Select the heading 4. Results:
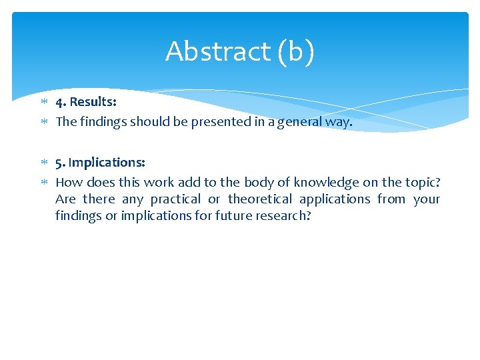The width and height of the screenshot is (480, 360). (x=86, y=102)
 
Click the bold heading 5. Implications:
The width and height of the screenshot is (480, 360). (x=100, y=163)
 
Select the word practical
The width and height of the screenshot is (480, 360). (x=175, y=199)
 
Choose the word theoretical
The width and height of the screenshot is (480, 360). (x=260, y=199)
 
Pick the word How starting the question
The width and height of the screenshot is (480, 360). (x=67, y=182)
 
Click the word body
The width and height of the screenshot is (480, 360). (x=259, y=182)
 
